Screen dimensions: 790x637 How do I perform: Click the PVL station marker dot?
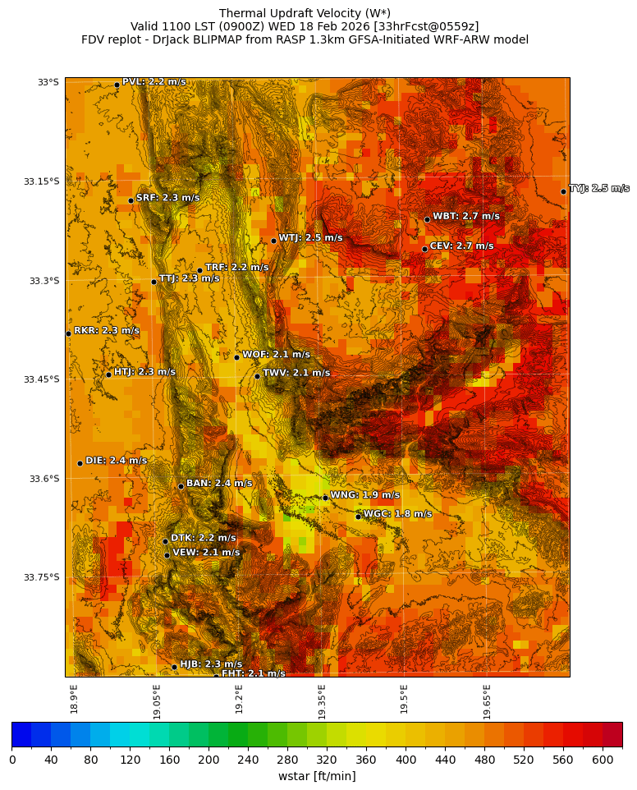tap(117, 85)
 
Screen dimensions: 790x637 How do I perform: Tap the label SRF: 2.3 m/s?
tap(167, 198)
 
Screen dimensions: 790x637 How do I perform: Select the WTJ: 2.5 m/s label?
tap(310, 238)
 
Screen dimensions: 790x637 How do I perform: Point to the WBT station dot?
tap(427, 219)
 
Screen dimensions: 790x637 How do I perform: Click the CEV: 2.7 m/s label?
tap(461, 246)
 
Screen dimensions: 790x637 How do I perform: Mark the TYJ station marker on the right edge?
tap(563, 191)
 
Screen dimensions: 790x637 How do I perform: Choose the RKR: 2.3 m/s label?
tap(107, 331)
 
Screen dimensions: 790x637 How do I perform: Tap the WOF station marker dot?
tap(236, 357)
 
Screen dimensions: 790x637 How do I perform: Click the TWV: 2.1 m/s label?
tap(296, 373)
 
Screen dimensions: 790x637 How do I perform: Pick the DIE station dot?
tap(80, 463)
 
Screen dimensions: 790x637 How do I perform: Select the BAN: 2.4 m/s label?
tap(219, 484)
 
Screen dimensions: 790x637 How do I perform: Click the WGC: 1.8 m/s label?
tap(397, 514)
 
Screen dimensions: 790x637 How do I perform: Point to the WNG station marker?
tap(325, 498)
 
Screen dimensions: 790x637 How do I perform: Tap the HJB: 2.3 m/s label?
tap(211, 664)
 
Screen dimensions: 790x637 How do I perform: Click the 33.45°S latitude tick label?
tap(43, 379)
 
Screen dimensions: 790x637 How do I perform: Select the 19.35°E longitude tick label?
tap(322, 701)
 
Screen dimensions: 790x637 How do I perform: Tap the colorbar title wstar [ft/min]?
tap(317, 776)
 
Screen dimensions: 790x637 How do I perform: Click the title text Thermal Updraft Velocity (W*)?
tap(305, 13)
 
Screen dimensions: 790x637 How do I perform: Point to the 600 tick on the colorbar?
tap(603, 760)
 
